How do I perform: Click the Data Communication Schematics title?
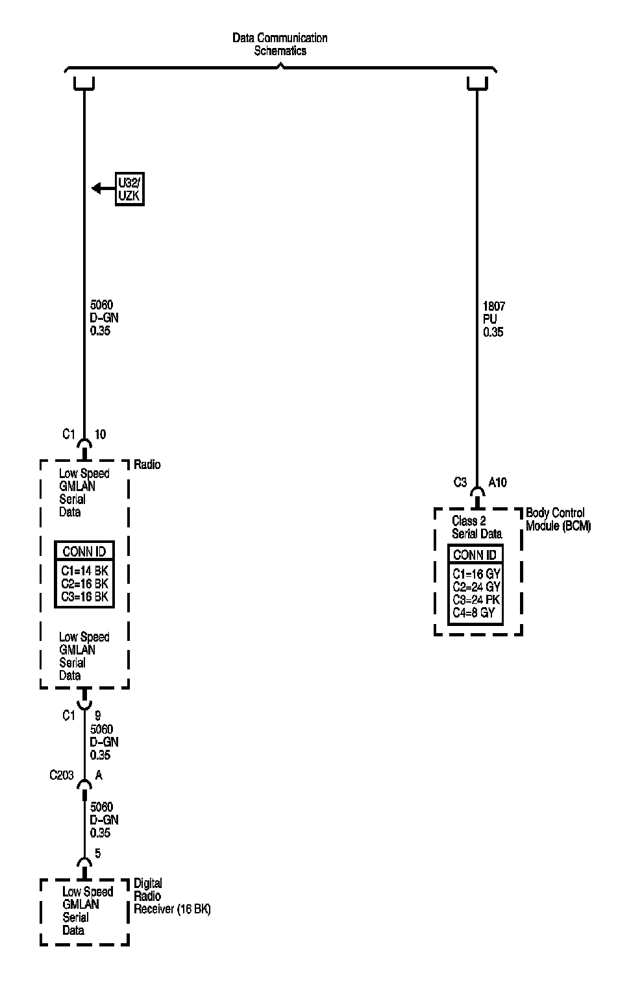tap(280, 44)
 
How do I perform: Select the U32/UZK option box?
tap(129, 189)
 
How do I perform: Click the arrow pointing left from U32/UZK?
tap(102, 189)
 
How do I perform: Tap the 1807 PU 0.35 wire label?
tap(493, 319)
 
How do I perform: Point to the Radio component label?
tap(147, 465)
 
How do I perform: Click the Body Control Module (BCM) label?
tap(558, 520)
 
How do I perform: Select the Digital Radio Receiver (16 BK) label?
tap(171, 896)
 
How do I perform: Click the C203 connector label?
tap(62, 775)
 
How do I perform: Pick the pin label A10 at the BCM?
tap(497, 483)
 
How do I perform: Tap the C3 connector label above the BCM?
tap(460, 483)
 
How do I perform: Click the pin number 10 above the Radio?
tap(101, 435)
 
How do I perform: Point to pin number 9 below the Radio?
tap(98, 715)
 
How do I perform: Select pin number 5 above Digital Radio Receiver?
tap(98, 854)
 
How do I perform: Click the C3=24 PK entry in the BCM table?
tap(476, 599)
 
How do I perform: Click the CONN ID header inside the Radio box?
tap(84, 552)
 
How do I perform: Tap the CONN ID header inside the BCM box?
tap(475, 555)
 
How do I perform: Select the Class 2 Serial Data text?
tap(476, 527)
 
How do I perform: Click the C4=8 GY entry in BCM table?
tap(474, 612)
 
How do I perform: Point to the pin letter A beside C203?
tap(99, 775)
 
